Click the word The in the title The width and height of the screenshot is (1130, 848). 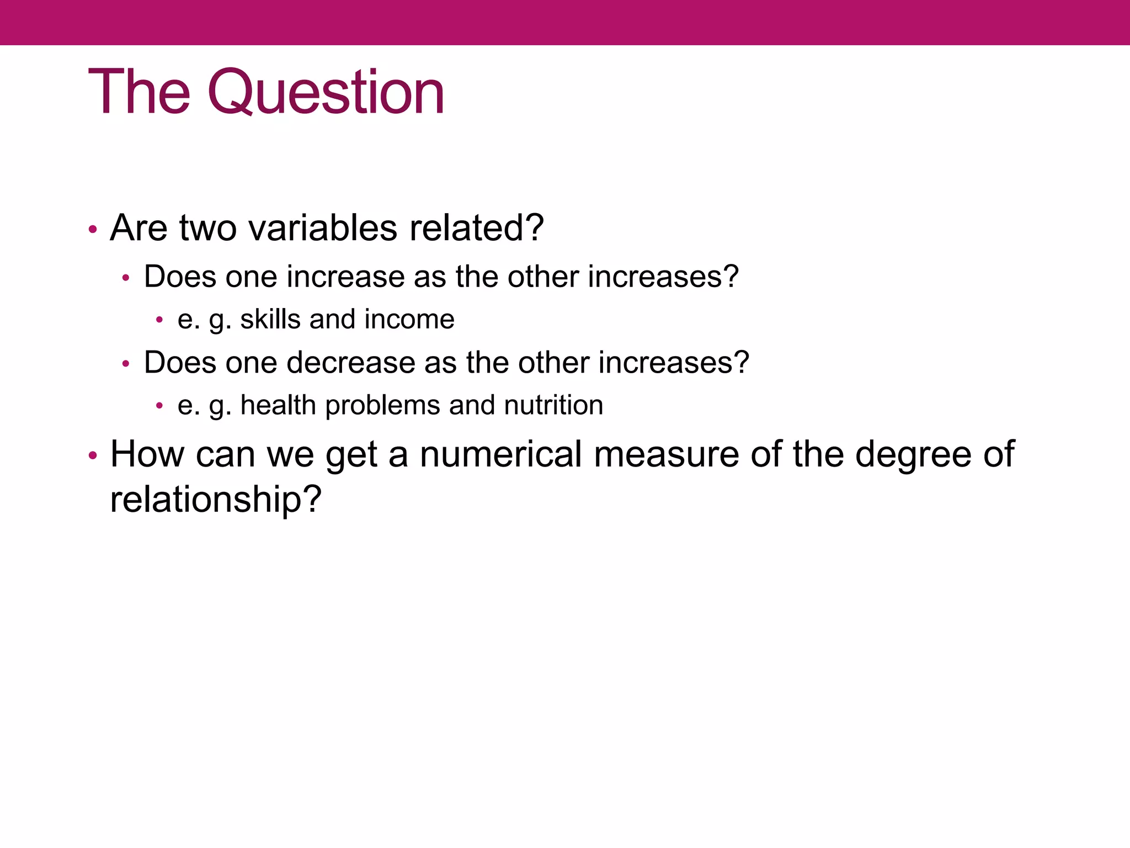click(139, 92)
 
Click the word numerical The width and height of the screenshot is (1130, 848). click(501, 454)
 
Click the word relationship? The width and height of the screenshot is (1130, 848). click(215, 500)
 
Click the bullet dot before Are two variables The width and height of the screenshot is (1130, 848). click(93, 229)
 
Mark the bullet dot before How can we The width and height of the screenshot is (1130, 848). click(93, 456)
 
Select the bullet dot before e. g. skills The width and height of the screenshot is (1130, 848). click(159, 320)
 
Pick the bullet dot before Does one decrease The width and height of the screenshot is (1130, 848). click(126, 364)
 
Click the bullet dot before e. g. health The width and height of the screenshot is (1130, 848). click(159, 406)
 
